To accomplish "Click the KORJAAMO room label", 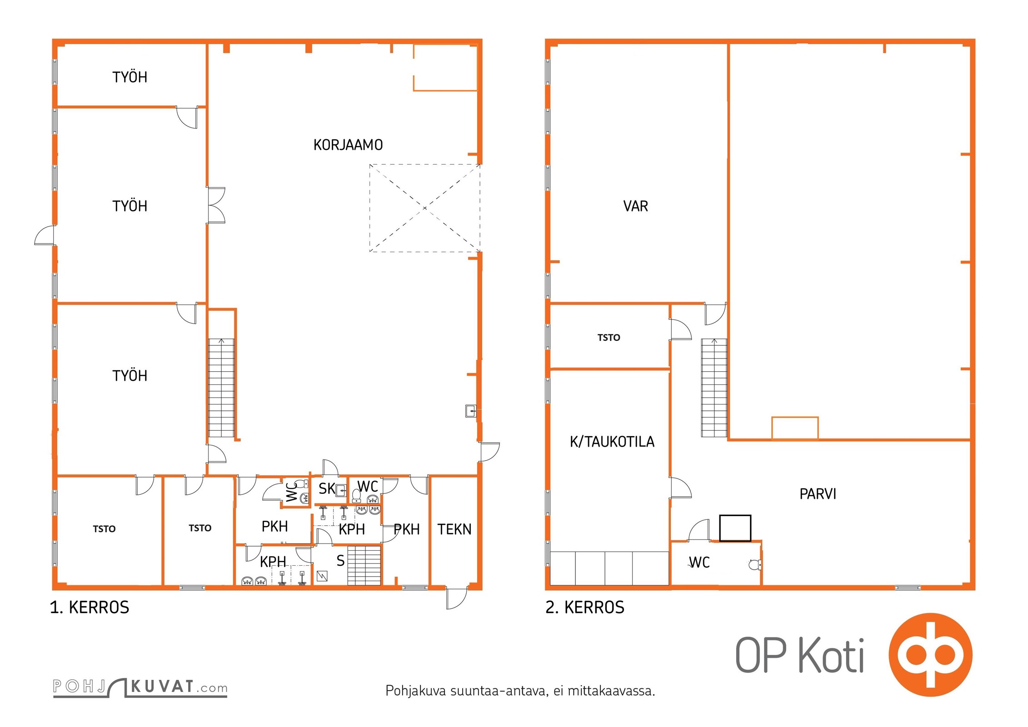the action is tap(348, 145).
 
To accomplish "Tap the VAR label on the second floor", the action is tap(635, 206).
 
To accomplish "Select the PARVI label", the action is tap(818, 494).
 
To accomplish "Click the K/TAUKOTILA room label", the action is tap(612, 442).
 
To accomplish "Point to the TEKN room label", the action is tap(454, 529).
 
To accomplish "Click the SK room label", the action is tap(326, 489).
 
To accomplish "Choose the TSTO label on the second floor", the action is tap(609, 338).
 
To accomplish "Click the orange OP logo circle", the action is tap(930, 655).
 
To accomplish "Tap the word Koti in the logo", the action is tap(831, 656).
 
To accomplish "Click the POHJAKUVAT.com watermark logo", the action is tap(140, 687).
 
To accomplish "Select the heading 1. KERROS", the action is tap(90, 607).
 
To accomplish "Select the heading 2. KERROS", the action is tap(585, 607).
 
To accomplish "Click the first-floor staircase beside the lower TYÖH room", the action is tap(221, 388).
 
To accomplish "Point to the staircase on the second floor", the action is tap(714, 388).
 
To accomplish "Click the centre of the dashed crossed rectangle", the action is tap(425, 208).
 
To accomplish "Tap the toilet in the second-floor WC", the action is tap(755, 565).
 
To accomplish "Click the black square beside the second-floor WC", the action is tap(735, 528).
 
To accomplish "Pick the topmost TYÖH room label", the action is tap(130, 77).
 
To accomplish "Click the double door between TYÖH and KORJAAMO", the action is tap(216, 205).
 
